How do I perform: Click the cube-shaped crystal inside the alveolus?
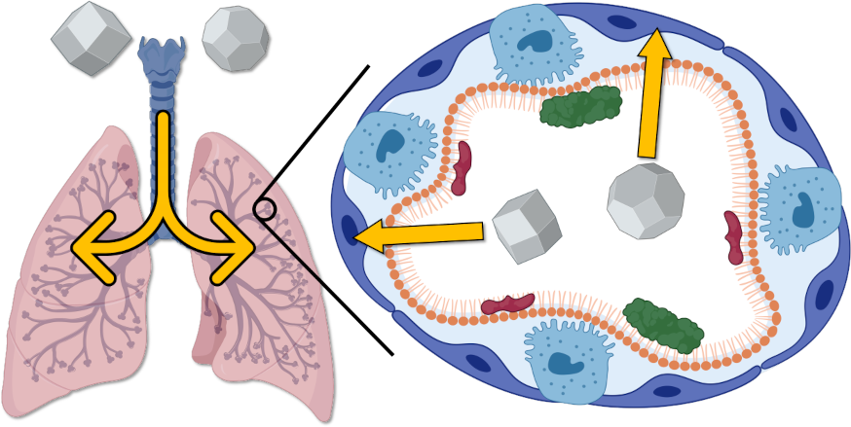(526, 227)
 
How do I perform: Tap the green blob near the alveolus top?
(581, 105)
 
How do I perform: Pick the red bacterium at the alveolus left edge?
(462, 165)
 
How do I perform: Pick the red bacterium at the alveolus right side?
(732, 236)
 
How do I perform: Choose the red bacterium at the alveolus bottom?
(507, 304)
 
